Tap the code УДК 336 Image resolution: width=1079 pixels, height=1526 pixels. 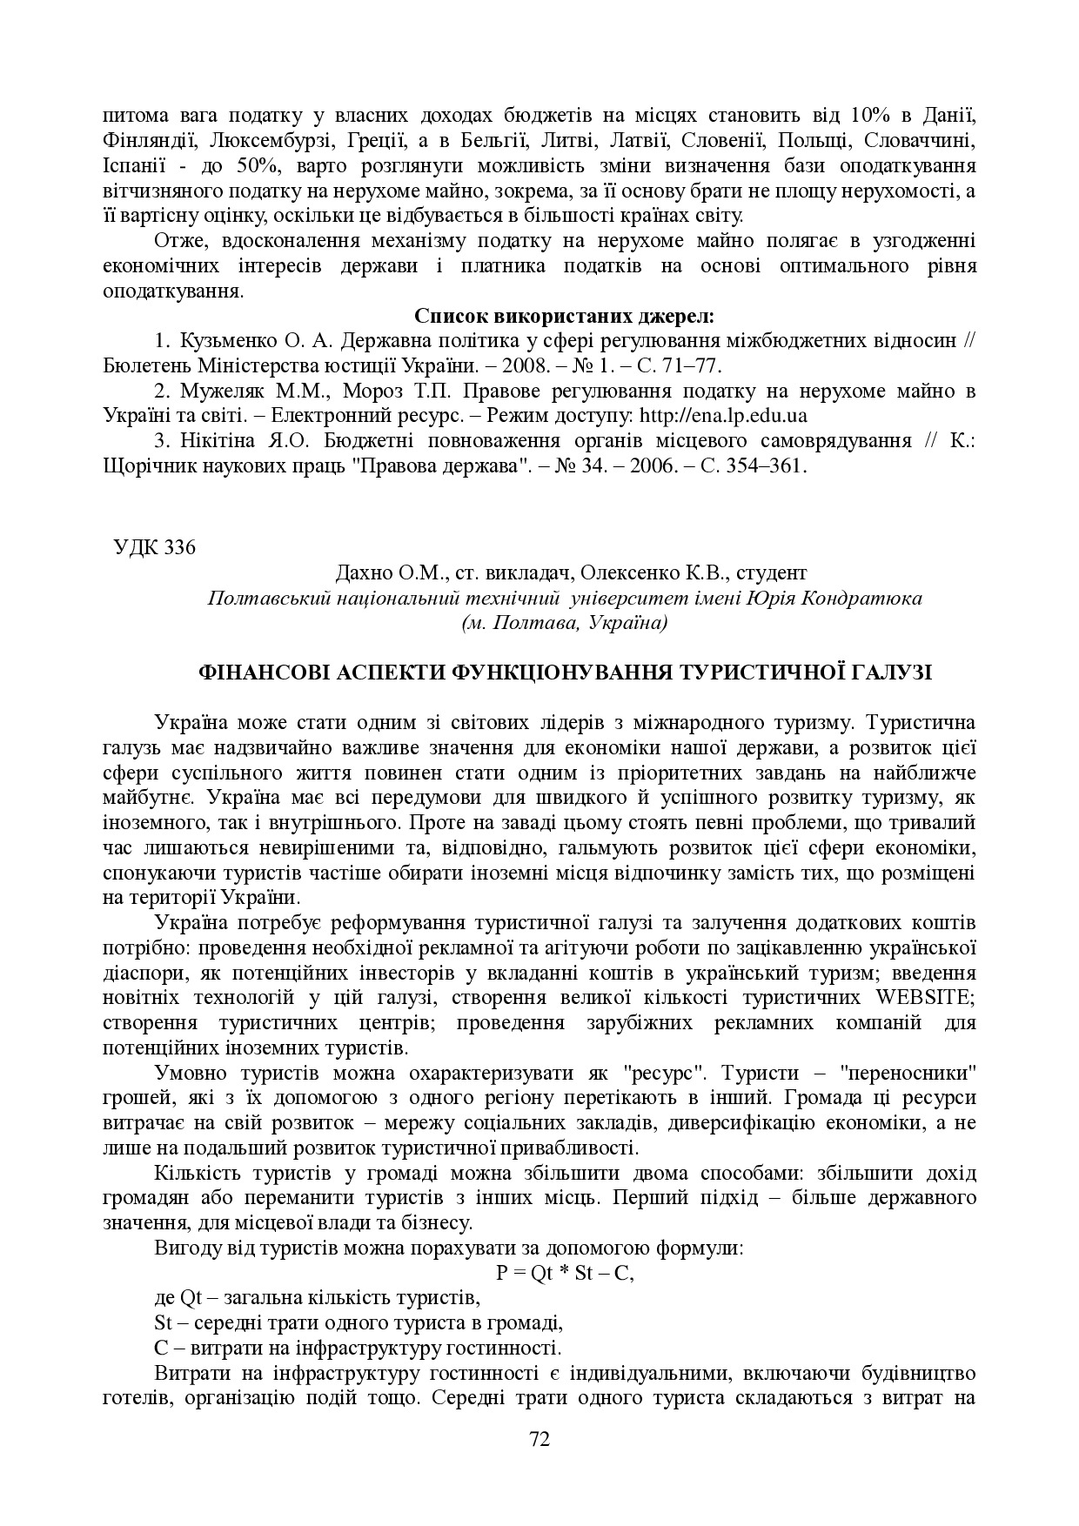(x=155, y=548)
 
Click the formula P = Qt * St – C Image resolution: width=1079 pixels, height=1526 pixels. (x=565, y=1273)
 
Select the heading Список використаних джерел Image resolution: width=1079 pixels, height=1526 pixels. (x=564, y=315)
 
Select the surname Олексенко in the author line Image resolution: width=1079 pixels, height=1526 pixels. (x=622, y=573)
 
